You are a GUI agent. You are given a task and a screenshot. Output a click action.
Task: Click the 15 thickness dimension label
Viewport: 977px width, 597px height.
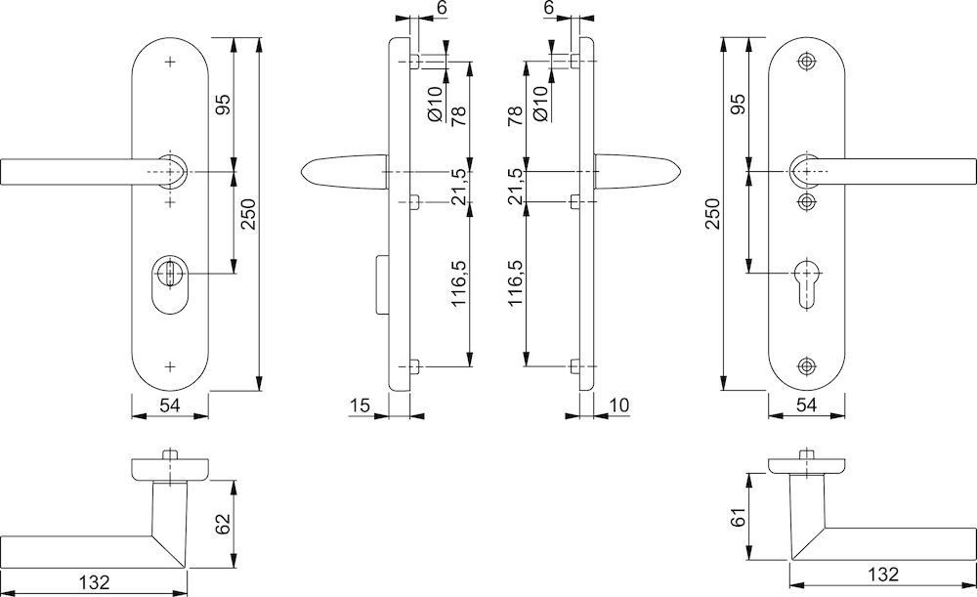coord(359,404)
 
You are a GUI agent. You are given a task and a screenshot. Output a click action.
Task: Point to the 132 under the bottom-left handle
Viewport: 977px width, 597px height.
coord(95,581)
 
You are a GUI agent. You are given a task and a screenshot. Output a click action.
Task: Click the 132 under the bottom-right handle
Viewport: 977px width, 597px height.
coord(882,575)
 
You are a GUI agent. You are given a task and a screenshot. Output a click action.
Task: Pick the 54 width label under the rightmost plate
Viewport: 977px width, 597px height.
coord(807,404)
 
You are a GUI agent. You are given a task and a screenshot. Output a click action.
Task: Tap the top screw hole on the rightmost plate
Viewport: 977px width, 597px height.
coord(806,61)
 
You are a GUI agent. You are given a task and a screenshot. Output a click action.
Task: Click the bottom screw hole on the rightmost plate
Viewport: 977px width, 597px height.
coord(806,366)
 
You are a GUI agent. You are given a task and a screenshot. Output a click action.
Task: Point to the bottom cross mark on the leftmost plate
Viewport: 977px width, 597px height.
coord(171,366)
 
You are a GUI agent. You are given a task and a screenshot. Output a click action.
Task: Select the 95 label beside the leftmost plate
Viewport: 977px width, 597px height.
coord(223,104)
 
